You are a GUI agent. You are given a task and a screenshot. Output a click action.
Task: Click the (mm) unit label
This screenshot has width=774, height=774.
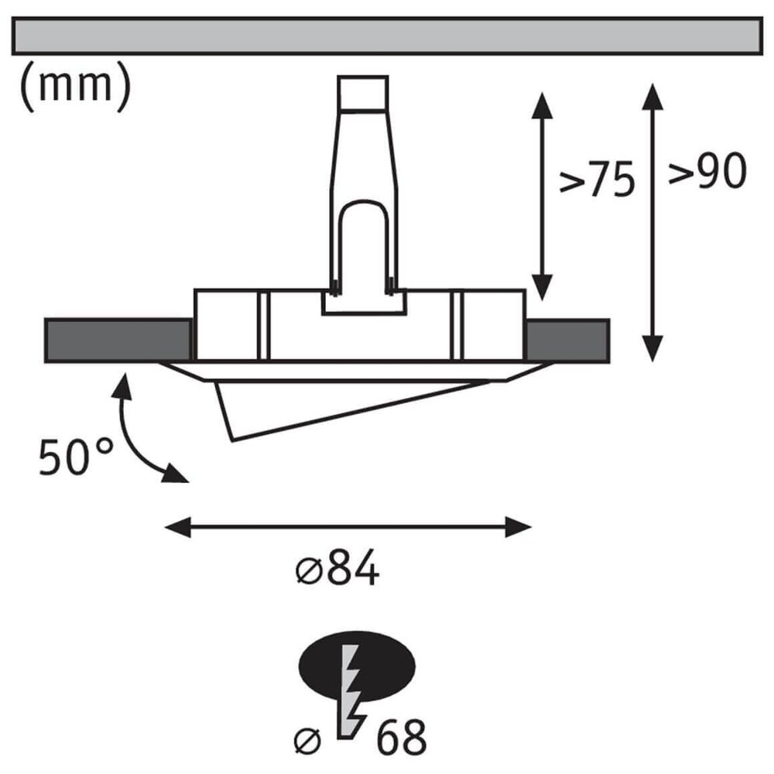click(76, 87)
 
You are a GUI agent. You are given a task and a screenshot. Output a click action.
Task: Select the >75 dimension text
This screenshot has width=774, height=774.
click(596, 180)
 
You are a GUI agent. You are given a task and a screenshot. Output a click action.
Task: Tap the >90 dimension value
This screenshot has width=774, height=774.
click(707, 171)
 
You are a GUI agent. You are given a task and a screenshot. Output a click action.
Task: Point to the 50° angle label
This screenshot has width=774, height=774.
click(77, 457)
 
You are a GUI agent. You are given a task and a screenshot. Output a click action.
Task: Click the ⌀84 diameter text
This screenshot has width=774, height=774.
click(337, 570)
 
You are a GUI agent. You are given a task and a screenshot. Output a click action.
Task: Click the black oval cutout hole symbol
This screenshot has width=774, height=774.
click(357, 666)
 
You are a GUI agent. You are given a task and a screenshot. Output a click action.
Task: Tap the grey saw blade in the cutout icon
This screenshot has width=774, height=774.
click(351, 691)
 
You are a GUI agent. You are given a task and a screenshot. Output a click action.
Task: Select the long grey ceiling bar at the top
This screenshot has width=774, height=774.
click(387, 36)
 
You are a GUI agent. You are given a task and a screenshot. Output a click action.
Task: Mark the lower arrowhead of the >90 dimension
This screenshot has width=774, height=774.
click(652, 348)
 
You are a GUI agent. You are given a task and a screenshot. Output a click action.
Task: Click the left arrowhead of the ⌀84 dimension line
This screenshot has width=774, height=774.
click(178, 527)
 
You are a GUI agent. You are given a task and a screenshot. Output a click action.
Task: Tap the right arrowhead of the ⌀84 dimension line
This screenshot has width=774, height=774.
click(519, 527)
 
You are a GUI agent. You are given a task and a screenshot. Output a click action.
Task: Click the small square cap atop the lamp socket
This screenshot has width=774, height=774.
click(363, 93)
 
